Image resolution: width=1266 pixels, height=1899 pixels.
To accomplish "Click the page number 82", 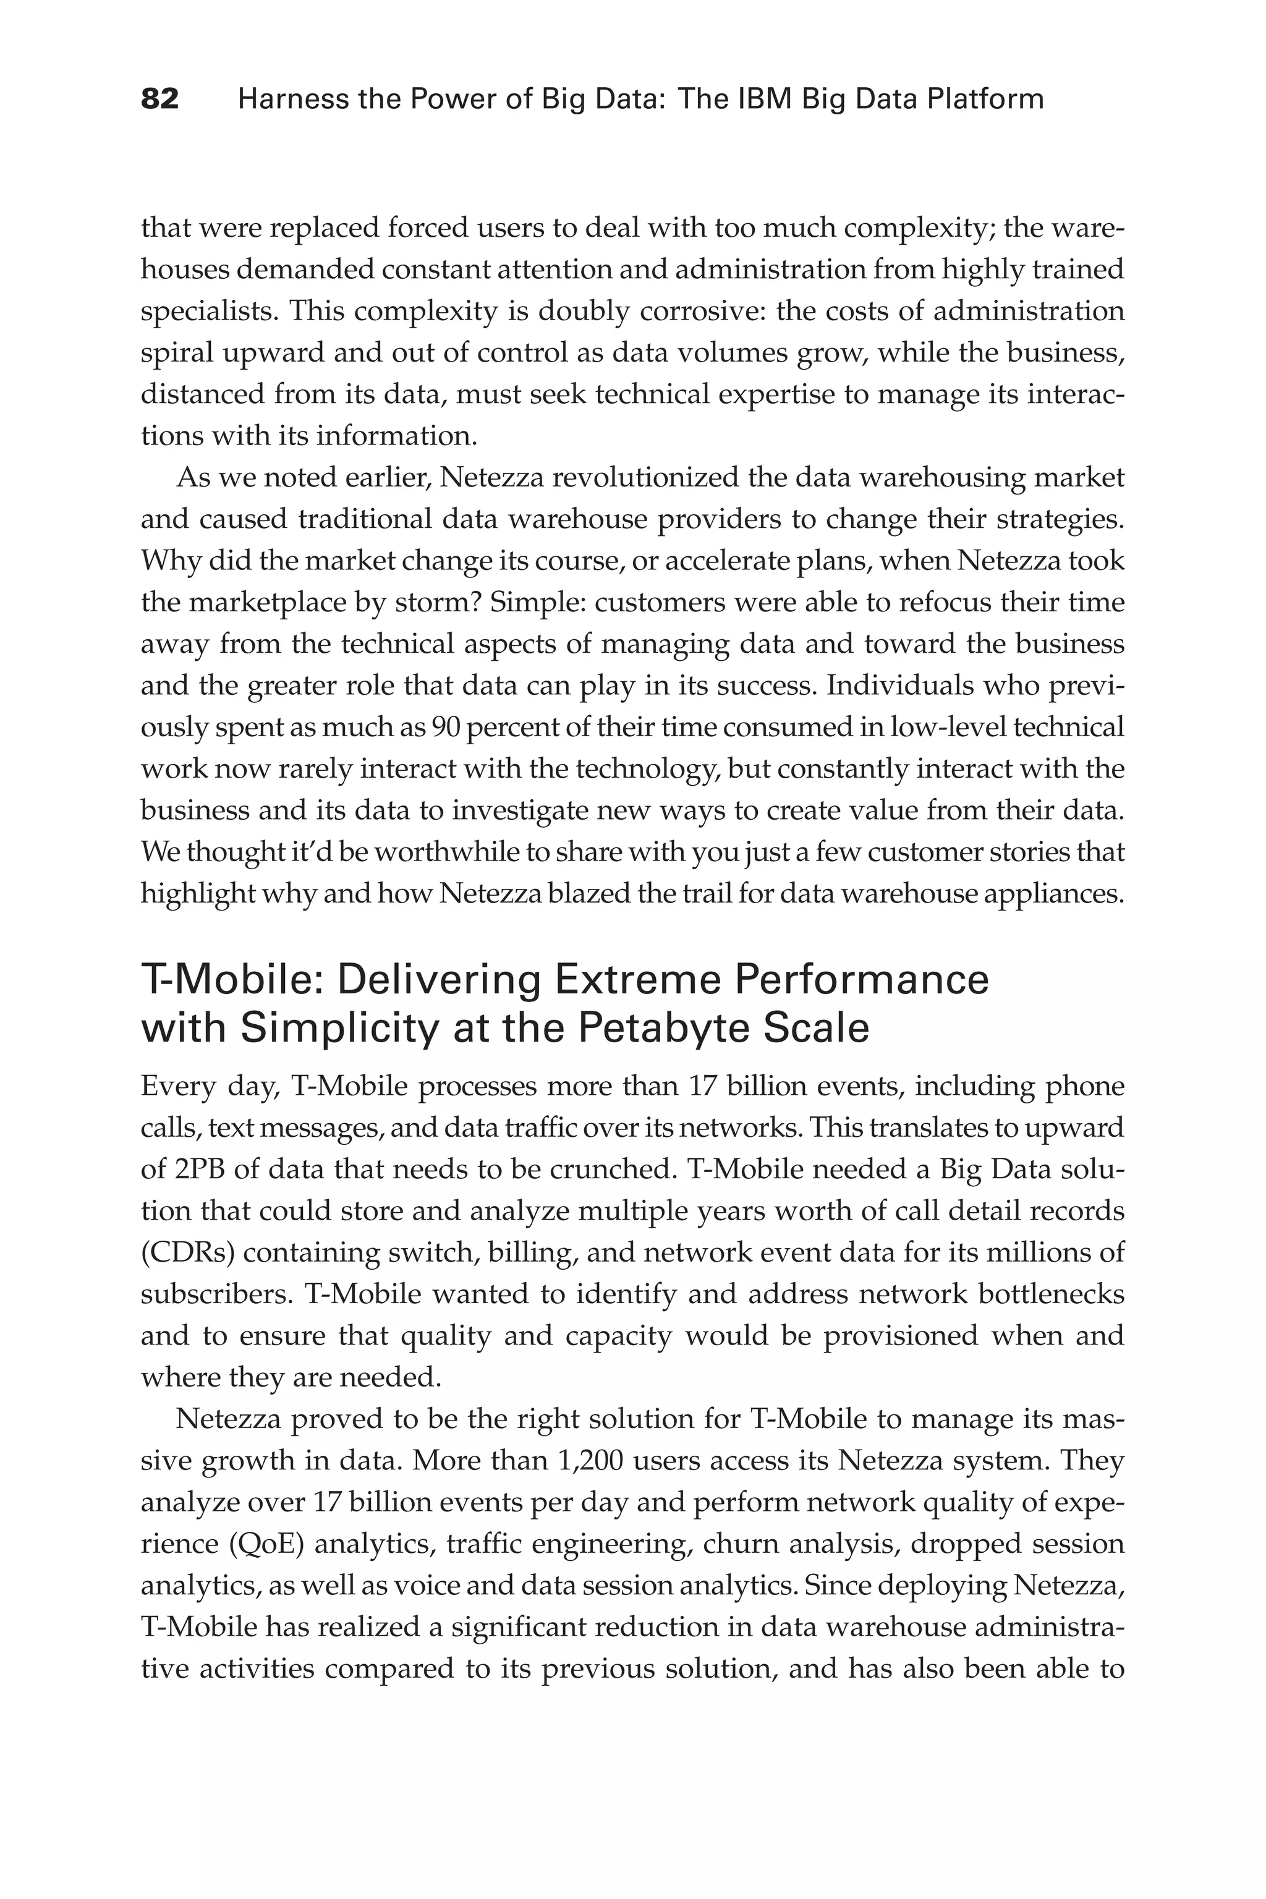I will point(160,100).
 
